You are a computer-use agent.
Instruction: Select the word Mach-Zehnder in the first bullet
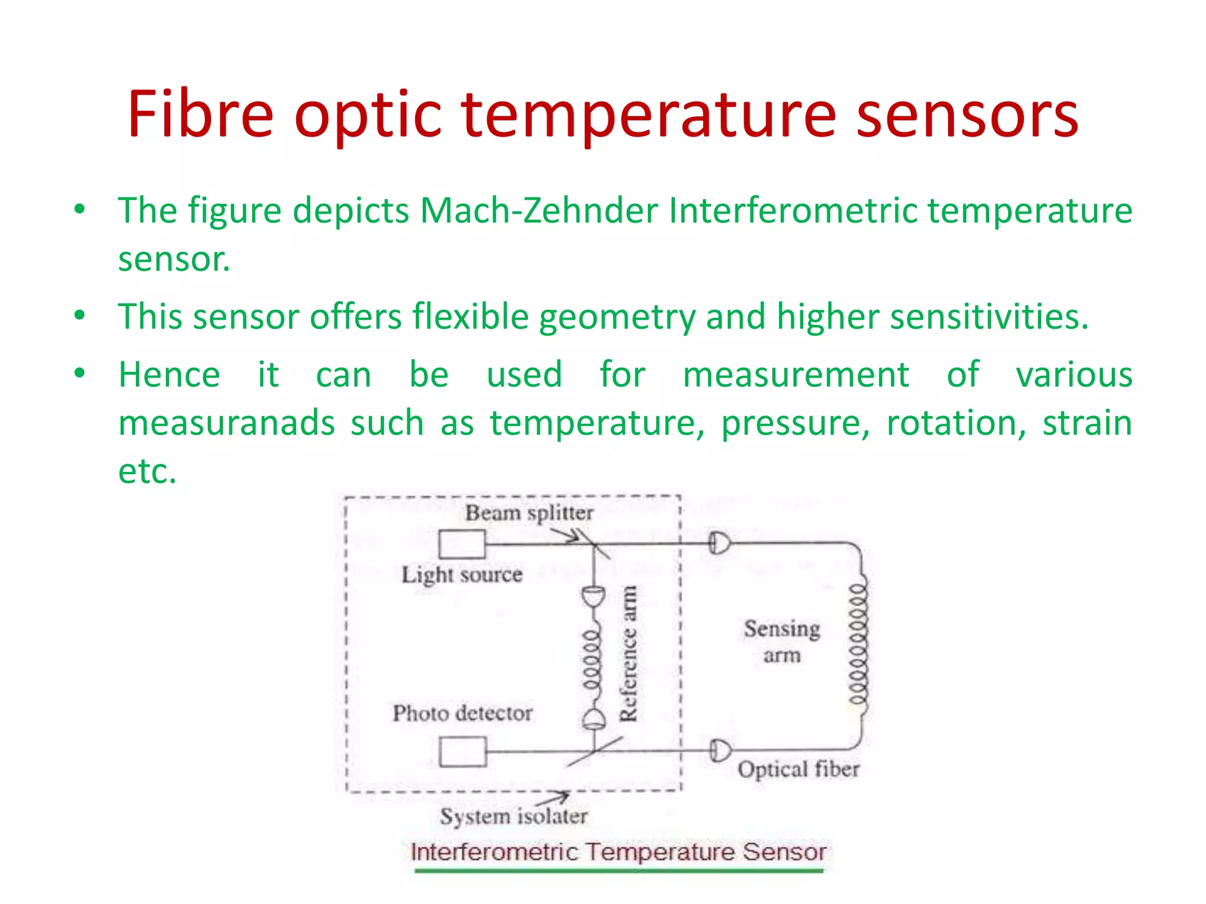pos(538,210)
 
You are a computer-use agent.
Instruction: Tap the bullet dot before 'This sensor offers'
pos(80,316)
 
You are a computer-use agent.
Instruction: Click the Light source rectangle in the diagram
pos(462,544)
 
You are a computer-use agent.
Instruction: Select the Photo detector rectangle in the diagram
pos(463,752)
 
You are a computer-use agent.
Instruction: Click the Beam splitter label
pos(529,513)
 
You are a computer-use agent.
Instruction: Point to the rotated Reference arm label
pos(628,653)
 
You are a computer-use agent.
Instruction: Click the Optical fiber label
pos(798,769)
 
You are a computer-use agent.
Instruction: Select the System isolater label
pos(513,816)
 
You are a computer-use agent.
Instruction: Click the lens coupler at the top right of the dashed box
pos(719,543)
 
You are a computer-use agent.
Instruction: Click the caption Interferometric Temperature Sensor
pos(618,852)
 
